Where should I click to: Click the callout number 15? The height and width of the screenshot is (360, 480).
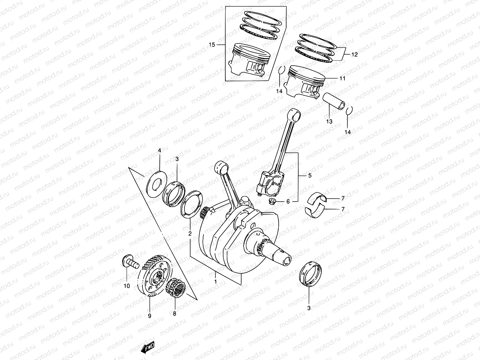tap(212, 45)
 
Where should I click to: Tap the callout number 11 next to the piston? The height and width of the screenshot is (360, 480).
tap(342, 78)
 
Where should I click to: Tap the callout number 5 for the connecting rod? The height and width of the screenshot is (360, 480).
tap(310, 176)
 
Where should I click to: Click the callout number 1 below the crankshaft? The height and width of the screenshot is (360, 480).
tap(215, 282)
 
